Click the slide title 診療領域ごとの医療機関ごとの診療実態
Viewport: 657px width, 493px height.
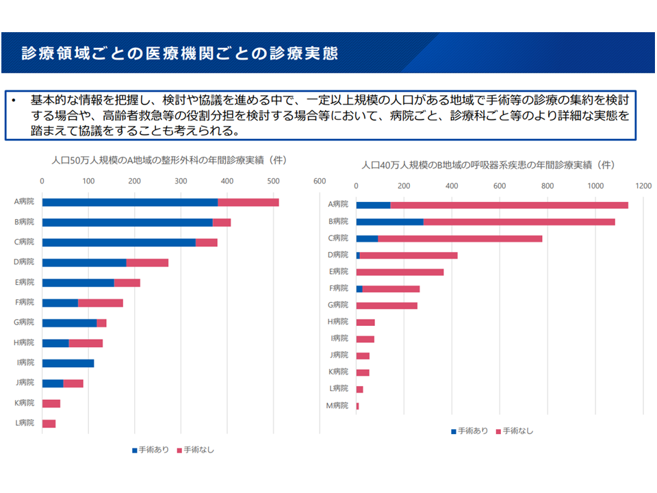[x=179, y=53]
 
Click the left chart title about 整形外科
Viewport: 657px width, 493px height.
[x=169, y=161]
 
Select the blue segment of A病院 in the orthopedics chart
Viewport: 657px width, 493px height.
[x=130, y=202]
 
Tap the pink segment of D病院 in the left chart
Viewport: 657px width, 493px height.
[x=147, y=262]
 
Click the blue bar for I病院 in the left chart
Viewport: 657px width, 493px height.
[x=68, y=363]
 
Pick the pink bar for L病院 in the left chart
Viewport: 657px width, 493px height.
[x=49, y=424]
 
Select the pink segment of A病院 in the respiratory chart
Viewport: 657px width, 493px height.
[x=509, y=205]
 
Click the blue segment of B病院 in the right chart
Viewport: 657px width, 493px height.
[x=389, y=222]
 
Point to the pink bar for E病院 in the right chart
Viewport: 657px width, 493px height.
[x=400, y=272]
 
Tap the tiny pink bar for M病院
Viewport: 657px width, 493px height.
[x=357, y=406]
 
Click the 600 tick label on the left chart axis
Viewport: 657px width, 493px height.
[x=320, y=181]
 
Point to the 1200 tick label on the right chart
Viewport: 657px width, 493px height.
[x=643, y=186]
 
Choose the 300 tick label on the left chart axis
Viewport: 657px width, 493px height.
[x=181, y=181]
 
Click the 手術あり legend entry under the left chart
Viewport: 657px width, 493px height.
[x=151, y=450]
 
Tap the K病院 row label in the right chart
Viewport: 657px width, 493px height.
[x=339, y=372]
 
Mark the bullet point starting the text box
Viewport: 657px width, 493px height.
[x=13, y=100]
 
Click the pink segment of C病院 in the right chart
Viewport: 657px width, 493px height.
[x=460, y=238]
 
